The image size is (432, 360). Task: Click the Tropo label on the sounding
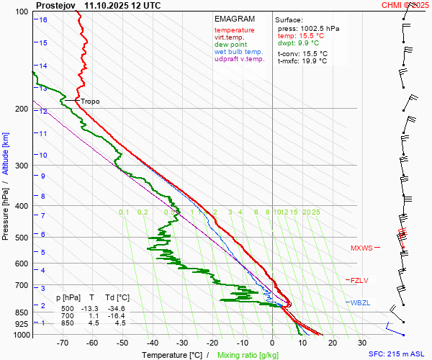pyautogui.click(x=90, y=102)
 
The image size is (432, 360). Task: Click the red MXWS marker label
pyautogui.click(x=361, y=248)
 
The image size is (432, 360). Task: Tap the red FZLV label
pyautogui.click(x=358, y=280)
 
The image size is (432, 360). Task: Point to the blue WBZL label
pyautogui.click(x=360, y=302)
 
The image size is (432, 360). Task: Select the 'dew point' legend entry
pyautogui.click(x=230, y=45)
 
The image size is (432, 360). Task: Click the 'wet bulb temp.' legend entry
pyautogui.click(x=240, y=52)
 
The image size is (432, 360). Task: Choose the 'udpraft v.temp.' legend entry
pyautogui.click(x=240, y=59)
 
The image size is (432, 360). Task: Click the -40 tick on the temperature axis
pyautogui.click(x=153, y=343)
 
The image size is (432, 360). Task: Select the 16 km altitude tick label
pyautogui.click(x=43, y=19)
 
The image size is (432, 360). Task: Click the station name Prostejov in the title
pyautogui.click(x=56, y=5)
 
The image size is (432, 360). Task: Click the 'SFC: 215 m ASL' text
pyautogui.click(x=398, y=354)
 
